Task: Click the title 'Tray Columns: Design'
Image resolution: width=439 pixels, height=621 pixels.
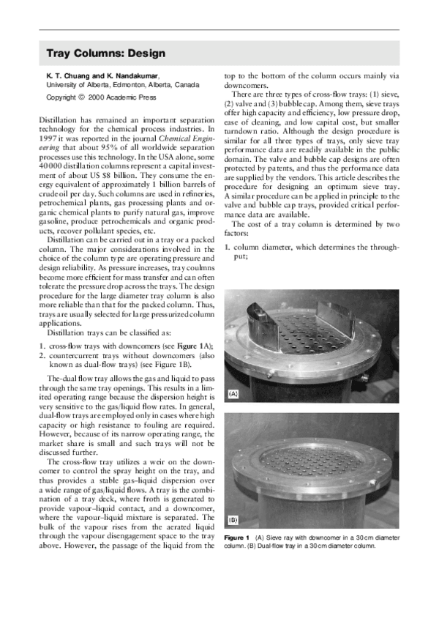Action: pos(105,53)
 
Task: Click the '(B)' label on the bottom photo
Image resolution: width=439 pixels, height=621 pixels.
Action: pos(234,519)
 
